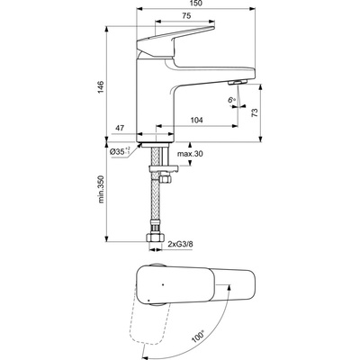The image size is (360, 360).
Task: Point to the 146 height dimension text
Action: (102, 85)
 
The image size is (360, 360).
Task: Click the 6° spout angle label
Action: (231, 100)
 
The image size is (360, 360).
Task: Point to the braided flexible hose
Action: (157, 202)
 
